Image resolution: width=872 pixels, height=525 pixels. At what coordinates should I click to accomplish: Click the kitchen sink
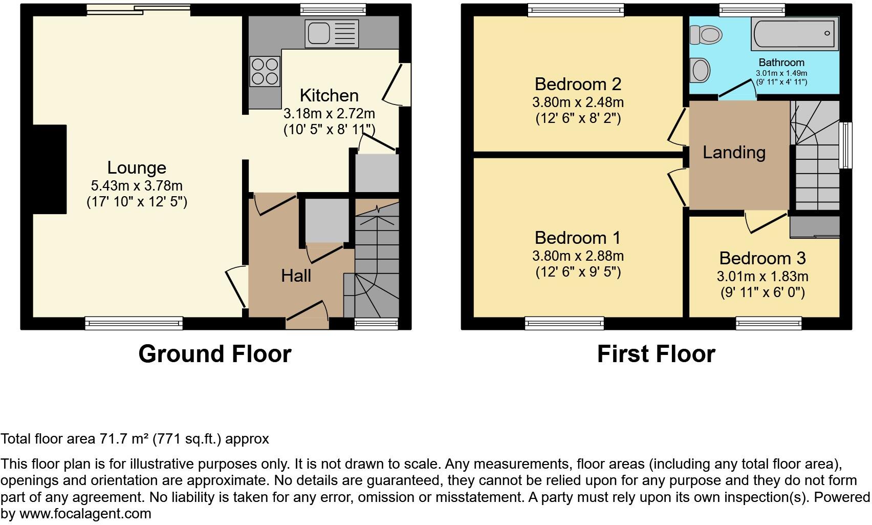[x=331, y=32]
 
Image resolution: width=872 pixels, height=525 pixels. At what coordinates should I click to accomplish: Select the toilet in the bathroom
[x=706, y=35]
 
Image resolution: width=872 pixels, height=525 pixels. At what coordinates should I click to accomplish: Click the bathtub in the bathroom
[x=794, y=33]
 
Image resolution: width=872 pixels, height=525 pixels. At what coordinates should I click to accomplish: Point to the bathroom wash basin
[x=700, y=70]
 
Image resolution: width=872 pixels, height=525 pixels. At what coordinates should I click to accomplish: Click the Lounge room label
[x=137, y=168]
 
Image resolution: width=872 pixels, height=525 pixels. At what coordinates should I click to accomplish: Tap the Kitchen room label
[x=329, y=95]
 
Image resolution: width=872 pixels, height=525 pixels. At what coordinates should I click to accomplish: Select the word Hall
[x=296, y=276]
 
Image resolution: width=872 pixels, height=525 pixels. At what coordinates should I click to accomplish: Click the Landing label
[x=734, y=152]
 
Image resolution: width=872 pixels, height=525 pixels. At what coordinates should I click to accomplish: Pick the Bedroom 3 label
[x=762, y=258]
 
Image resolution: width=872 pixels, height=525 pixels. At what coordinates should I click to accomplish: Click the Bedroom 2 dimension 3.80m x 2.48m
[x=578, y=102]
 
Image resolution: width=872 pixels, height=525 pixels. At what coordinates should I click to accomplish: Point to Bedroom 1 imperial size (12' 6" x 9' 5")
[x=578, y=271]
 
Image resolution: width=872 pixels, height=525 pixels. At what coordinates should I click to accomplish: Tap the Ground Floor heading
[x=215, y=354]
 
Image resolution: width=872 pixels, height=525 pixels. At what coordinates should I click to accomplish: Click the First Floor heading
[x=656, y=354]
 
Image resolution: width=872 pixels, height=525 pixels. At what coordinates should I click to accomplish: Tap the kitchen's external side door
[x=396, y=84]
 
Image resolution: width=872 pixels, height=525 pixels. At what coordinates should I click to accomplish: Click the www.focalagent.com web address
[x=85, y=514]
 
